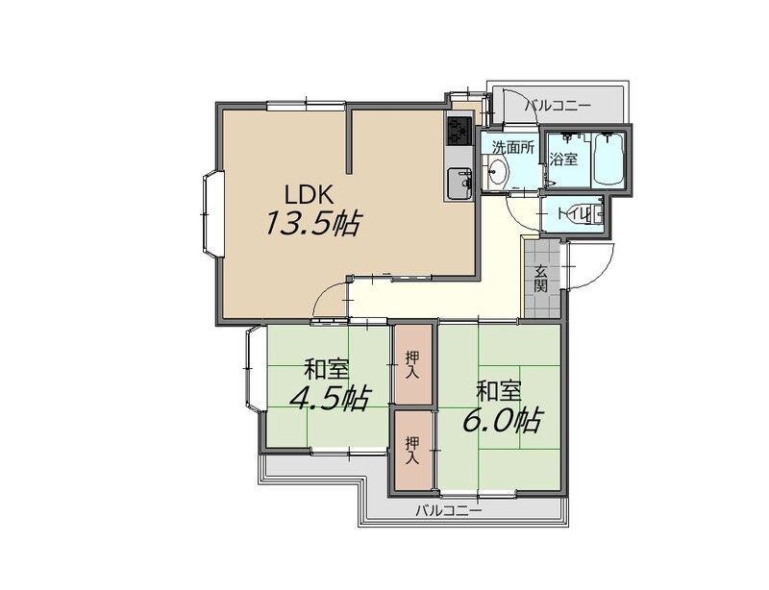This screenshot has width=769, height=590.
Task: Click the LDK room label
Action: [x=310, y=195]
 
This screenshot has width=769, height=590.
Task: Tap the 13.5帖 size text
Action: [x=312, y=224]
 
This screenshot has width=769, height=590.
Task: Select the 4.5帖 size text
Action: [x=330, y=398]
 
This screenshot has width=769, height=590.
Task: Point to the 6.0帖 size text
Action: [x=502, y=420]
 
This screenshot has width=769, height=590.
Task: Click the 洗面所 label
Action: [x=513, y=147]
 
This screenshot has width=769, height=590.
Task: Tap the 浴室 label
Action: [x=563, y=159]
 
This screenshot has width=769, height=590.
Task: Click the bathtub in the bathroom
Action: [x=608, y=159]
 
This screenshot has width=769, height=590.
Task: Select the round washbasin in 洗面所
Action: [x=498, y=172]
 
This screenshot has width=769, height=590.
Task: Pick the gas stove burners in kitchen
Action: [x=459, y=130]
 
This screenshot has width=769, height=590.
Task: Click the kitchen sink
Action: [x=459, y=183]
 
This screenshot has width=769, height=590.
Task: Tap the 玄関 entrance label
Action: [x=541, y=278]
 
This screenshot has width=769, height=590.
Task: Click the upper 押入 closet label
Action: [x=412, y=364]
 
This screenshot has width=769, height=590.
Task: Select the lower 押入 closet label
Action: [x=412, y=451]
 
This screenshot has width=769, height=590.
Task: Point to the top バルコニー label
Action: [x=558, y=105]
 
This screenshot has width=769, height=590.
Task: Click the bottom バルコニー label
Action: [x=449, y=511]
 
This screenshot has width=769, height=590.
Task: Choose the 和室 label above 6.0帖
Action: [x=499, y=391]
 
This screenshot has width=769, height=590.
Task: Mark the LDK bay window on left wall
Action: [x=211, y=214]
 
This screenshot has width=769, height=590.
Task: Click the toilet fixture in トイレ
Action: [x=586, y=214]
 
